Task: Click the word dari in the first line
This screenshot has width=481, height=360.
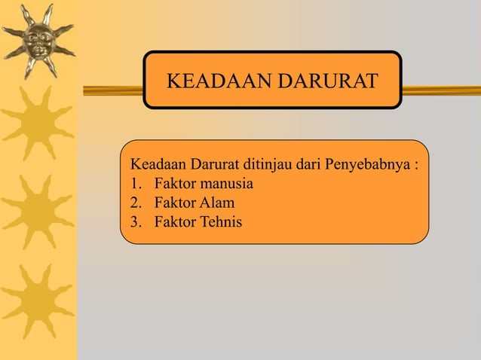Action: point(310,165)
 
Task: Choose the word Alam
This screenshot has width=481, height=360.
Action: point(216,203)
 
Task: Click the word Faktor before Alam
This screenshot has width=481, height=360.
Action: point(174,203)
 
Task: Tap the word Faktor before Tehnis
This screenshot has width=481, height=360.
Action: point(174,221)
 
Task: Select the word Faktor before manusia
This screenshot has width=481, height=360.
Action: point(174,184)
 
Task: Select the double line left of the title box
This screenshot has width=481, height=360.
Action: point(113,90)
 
